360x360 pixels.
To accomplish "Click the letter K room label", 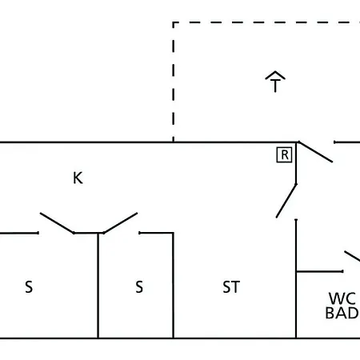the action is click(x=78, y=178).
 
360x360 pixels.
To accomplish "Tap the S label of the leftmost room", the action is click(x=29, y=287).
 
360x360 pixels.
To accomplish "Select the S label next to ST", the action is click(x=139, y=287).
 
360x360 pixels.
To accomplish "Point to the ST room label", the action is click(x=231, y=287).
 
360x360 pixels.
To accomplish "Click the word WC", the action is click(x=342, y=298).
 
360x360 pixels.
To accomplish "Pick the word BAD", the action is click(x=342, y=313).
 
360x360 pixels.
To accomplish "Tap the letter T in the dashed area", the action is click(x=275, y=86).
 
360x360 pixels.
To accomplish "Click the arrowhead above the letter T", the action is click(x=275, y=75).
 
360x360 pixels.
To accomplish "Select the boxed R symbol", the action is click(x=285, y=154).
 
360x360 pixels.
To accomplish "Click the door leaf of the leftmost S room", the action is click(x=57, y=223).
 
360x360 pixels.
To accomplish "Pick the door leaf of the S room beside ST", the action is click(x=121, y=223).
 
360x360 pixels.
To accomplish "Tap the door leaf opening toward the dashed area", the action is click(x=315, y=152).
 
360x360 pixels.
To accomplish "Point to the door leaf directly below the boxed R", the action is click(x=286, y=201).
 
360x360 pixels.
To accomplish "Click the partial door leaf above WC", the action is click(x=352, y=256).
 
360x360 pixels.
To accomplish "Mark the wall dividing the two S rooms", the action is click(x=98, y=286).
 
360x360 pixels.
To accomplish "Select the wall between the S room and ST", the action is click(x=174, y=286).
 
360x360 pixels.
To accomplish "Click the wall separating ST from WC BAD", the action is click(x=296, y=278).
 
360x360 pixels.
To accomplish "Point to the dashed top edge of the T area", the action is click(x=266, y=22).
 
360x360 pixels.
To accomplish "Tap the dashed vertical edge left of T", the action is click(x=174, y=82).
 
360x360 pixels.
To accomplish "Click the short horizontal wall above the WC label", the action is click(x=319, y=271).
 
